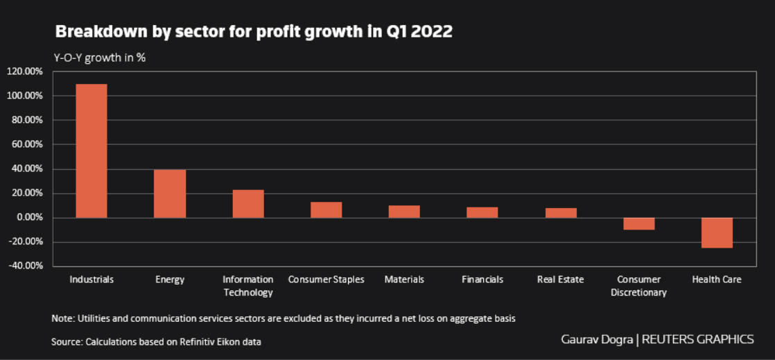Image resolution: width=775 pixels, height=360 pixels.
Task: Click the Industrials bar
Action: [x=92, y=151]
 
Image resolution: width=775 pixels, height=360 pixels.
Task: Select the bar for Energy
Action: [x=170, y=194]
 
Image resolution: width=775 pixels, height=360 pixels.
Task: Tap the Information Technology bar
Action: [x=248, y=203]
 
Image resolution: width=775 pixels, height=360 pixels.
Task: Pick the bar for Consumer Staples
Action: [x=326, y=209]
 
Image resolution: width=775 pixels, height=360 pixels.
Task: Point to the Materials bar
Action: [x=404, y=212]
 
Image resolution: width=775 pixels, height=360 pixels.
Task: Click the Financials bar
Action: [x=482, y=212]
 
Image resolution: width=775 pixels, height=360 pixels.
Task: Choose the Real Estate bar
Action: [x=561, y=213]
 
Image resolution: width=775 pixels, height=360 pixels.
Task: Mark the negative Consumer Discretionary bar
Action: [x=638, y=223]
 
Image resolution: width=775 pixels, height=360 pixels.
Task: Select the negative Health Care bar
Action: [x=717, y=232]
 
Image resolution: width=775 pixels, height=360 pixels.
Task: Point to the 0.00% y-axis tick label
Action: [x=28, y=218]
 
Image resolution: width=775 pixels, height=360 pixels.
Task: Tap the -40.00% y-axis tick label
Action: [x=26, y=266]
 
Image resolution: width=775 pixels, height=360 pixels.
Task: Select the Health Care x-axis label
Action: [x=717, y=280]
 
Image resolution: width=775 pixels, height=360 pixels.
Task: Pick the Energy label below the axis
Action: [x=170, y=280]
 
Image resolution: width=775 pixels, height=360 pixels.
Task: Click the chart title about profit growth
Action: [x=254, y=32]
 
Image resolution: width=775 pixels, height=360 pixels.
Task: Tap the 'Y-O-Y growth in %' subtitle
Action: [x=100, y=58]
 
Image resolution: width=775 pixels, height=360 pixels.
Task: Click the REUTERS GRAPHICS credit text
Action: [x=697, y=339]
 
